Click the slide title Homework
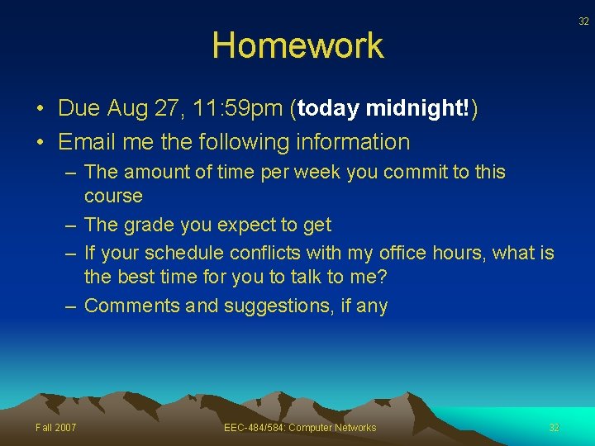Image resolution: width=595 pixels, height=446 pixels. [x=297, y=45]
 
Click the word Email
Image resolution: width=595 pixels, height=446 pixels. [x=88, y=142]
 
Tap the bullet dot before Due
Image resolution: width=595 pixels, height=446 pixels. [x=40, y=109]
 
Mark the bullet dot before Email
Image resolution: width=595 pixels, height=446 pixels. [x=40, y=143]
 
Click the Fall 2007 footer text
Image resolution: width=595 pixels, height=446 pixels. [x=55, y=427]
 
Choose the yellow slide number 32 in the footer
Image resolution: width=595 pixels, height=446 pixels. [x=554, y=427]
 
